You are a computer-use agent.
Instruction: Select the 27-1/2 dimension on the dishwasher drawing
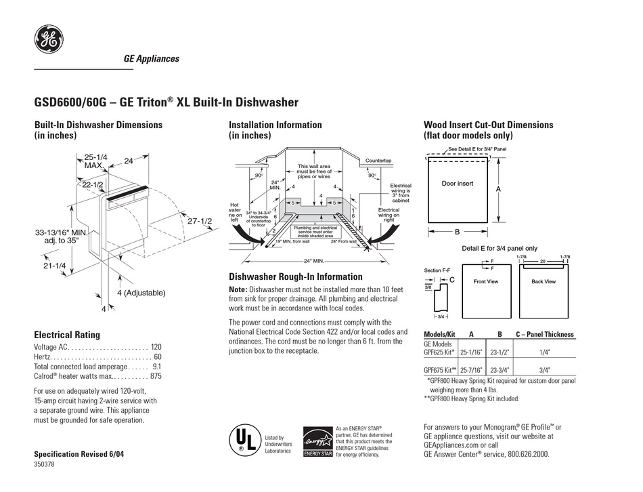point(200,221)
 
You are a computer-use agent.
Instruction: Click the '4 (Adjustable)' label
point(140,293)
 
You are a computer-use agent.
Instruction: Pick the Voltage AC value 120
point(156,346)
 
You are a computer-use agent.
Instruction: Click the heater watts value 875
point(156,376)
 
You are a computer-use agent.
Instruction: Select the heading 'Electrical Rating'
point(67,334)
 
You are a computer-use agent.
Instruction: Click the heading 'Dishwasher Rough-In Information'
point(295,276)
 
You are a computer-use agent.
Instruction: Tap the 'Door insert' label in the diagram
point(457,184)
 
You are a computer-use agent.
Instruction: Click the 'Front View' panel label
point(485,281)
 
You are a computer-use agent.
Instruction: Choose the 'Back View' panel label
point(543,281)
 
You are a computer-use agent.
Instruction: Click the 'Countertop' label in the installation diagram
point(378,161)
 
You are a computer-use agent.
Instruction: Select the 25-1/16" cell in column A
point(471,352)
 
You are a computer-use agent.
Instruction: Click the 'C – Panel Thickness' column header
point(545,334)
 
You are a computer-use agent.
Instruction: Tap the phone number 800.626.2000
point(525,455)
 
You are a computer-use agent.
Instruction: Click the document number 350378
point(45,465)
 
